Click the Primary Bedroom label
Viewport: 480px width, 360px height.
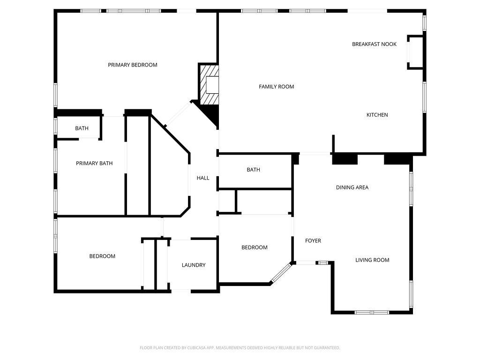133,65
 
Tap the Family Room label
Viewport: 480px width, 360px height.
277,87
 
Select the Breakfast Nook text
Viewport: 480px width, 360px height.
374,44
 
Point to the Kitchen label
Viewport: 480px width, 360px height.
377,115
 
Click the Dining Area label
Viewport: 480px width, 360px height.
352,187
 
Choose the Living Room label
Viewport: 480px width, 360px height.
372,260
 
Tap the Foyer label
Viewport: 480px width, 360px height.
313,240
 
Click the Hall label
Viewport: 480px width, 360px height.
203,178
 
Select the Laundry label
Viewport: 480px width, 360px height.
194,265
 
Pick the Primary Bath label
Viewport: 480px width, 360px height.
94,163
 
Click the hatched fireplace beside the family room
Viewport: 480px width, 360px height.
209,84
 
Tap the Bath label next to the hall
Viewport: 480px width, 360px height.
254,170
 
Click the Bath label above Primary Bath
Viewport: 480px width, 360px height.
82,128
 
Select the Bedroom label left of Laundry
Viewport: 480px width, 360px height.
102,256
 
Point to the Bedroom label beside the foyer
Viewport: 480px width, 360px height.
255,247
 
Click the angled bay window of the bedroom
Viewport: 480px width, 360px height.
281,272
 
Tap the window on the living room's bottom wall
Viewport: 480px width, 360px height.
372,313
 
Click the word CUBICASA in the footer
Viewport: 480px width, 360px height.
200,348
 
